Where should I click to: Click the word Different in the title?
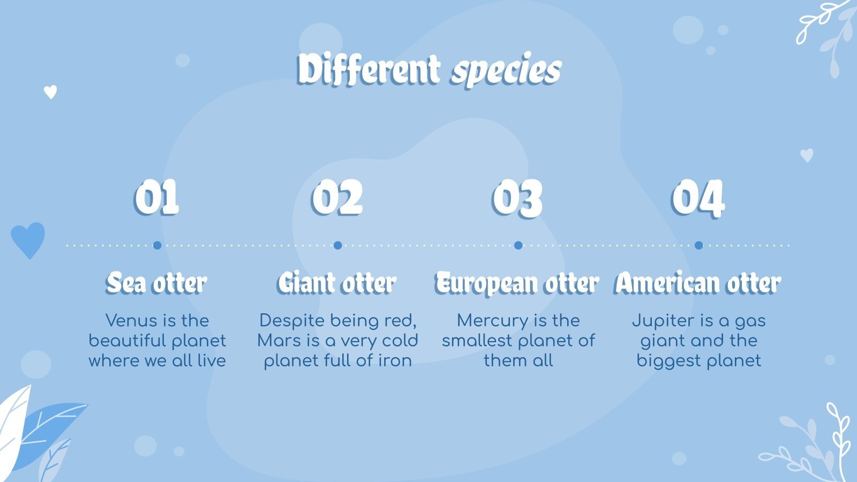click(x=369, y=70)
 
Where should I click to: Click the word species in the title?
click(x=506, y=71)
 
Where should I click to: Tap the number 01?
click(x=156, y=198)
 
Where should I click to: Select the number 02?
click(x=337, y=198)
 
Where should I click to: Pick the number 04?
click(x=698, y=198)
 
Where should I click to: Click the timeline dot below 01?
click(x=157, y=245)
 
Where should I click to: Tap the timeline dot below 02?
click(x=337, y=245)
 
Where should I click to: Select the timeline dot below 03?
click(x=518, y=245)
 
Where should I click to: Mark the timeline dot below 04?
click(x=698, y=245)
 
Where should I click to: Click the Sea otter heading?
click(x=156, y=283)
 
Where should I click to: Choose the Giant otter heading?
click(x=337, y=283)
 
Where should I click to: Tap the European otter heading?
click(x=517, y=283)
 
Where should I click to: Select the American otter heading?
click(x=698, y=283)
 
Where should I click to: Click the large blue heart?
click(x=28, y=239)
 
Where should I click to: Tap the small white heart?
click(x=50, y=92)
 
